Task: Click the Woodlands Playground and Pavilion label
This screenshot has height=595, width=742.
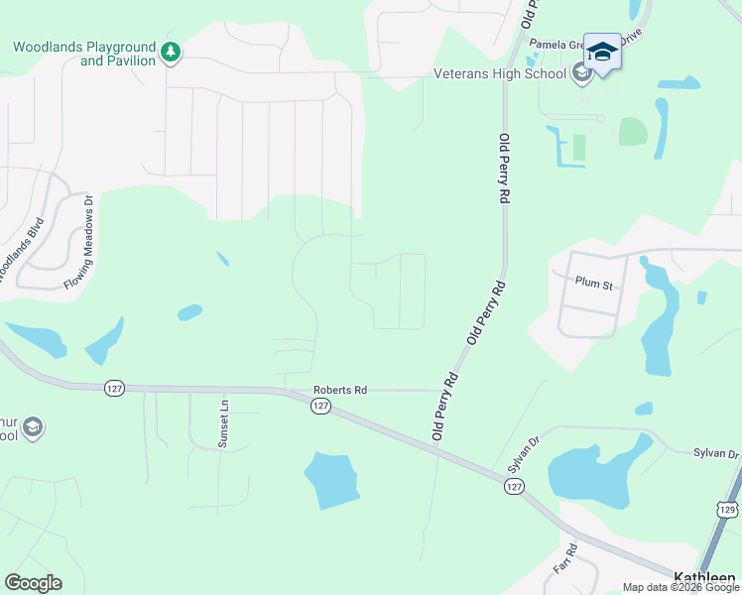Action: (x=84, y=54)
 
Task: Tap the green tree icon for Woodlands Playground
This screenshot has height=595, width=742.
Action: (x=171, y=51)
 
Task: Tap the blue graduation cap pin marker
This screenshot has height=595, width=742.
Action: (x=602, y=50)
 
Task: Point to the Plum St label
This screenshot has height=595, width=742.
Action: (x=595, y=283)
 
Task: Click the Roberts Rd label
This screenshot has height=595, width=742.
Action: (x=340, y=391)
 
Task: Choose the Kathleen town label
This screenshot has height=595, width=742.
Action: (x=705, y=578)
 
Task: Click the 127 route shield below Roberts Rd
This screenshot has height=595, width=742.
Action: (x=319, y=407)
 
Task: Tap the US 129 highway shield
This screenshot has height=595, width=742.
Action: (x=727, y=509)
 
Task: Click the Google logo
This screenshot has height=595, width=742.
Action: (x=33, y=583)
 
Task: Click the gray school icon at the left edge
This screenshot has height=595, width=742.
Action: (x=32, y=427)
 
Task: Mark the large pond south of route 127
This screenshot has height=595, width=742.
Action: (x=331, y=480)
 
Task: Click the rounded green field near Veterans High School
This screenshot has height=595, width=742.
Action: (x=633, y=132)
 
